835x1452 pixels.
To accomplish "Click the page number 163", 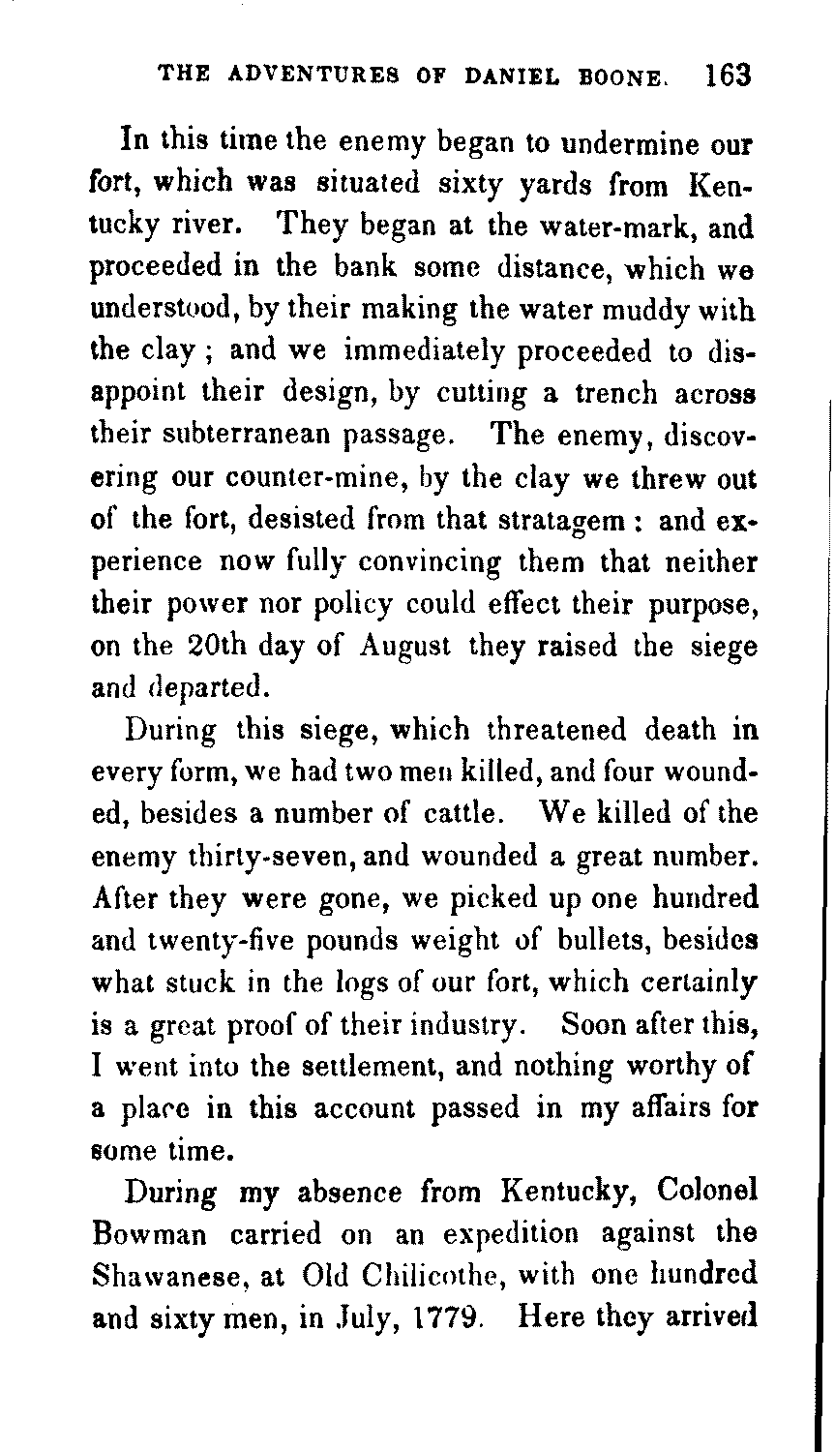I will pyautogui.click(x=729, y=76).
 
